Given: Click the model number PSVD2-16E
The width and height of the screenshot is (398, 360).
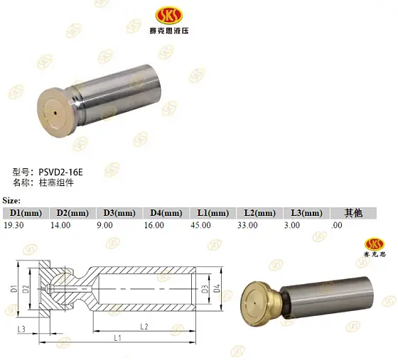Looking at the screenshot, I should (61, 172).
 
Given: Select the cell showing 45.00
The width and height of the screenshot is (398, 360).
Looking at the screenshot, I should (201, 224).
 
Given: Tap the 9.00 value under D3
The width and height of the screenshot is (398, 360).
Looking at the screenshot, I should (104, 224).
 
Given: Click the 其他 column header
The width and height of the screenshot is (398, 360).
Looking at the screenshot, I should (353, 212).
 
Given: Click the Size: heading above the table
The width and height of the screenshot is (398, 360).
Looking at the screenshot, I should (12, 201).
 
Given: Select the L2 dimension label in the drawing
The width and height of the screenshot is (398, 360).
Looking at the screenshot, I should (143, 326).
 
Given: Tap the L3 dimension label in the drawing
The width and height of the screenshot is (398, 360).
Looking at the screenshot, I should (22, 329).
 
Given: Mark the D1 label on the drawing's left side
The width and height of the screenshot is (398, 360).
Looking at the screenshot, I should (14, 289).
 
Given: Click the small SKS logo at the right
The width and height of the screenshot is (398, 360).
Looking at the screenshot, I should (375, 246).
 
